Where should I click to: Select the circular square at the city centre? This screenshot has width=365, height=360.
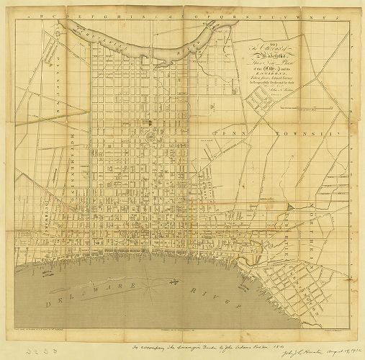point(150,135)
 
